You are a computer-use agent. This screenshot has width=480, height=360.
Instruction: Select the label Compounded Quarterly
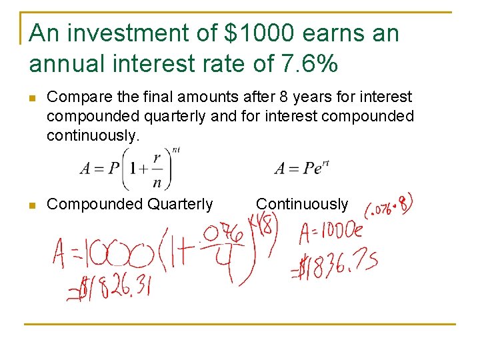[x=130, y=204]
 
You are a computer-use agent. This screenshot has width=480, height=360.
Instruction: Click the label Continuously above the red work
[x=302, y=204]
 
